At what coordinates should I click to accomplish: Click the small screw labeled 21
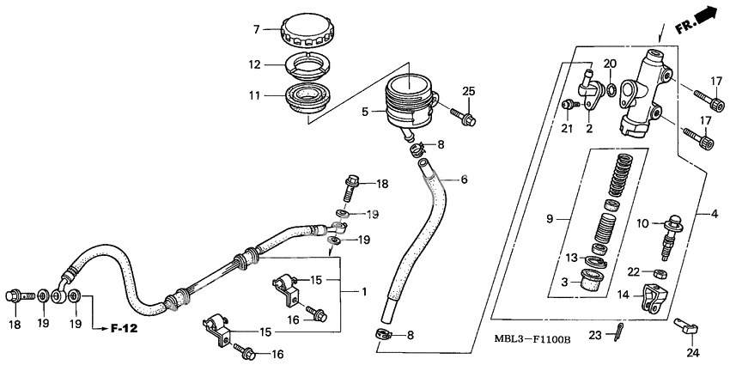568,105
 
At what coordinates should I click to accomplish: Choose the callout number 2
589,129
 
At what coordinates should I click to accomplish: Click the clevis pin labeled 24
687,326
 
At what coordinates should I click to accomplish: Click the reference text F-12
124,328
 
